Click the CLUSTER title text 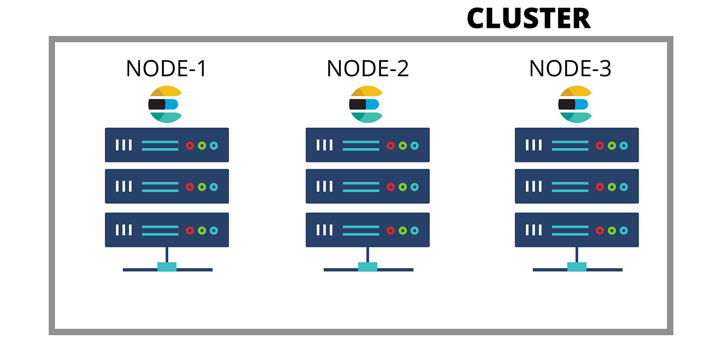click(x=529, y=19)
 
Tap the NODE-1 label click(x=166, y=69)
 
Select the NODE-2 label click(x=368, y=69)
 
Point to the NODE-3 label click(x=570, y=69)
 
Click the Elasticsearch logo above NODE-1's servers click(x=165, y=104)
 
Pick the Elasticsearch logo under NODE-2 click(x=366, y=104)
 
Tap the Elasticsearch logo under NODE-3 click(x=575, y=104)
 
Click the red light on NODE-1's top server click(x=190, y=146)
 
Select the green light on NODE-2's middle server click(x=403, y=187)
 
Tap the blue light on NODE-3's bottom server click(x=623, y=230)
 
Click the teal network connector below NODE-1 click(x=167, y=267)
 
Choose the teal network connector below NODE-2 click(x=368, y=267)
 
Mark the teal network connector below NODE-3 click(x=577, y=267)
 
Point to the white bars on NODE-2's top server click(x=325, y=145)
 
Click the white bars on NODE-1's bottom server click(x=123, y=230)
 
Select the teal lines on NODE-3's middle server click(x=570, y=187)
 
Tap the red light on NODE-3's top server click(x=600, y=146)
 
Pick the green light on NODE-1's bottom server click(x=202, y=230)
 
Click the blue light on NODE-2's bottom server click(x=415, y=230)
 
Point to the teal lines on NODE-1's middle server click(x=160, y=187)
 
